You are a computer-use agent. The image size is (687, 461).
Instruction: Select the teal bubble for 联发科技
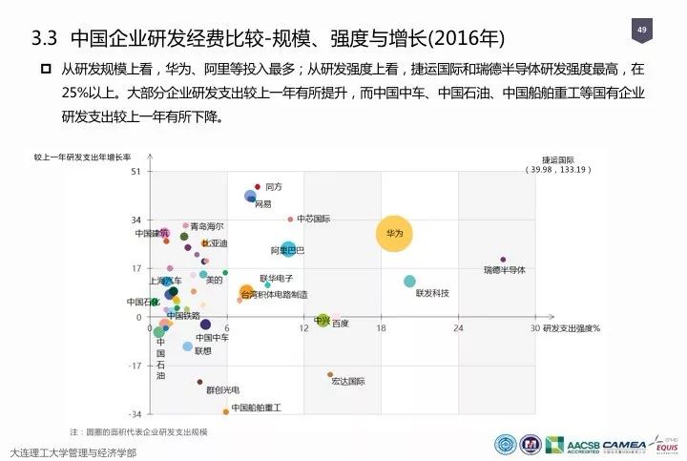(409, 282)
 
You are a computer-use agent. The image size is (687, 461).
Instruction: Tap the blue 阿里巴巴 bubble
(287, 250)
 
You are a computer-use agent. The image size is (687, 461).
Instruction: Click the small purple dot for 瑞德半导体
(503, 260)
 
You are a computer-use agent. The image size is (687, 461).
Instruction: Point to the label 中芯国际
(313, 219)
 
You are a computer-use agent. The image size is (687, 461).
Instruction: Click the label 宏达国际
(348, 381)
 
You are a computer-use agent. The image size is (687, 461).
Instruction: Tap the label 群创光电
(222, 389)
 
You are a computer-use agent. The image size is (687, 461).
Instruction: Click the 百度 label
(340, 324)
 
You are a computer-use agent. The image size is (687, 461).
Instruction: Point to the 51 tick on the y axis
(135, 171)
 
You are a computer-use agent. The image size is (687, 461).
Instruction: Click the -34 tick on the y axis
(135, 414)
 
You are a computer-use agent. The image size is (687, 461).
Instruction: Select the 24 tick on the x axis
(458, 328)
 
